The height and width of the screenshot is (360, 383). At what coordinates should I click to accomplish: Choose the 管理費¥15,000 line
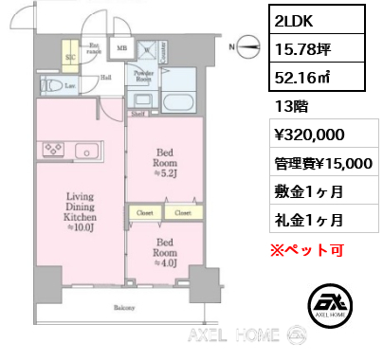pos(322,162)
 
